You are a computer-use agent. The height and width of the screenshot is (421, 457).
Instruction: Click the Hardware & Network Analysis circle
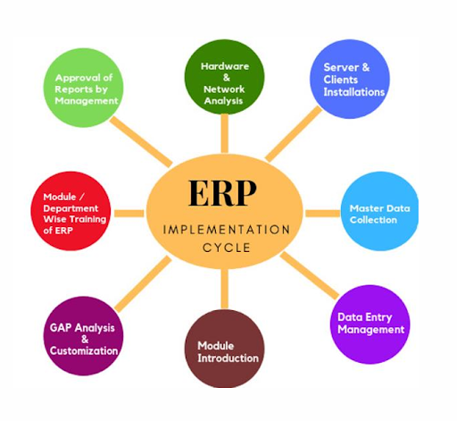(x=224, y=79)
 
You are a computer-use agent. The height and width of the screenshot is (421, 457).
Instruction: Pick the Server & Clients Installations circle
(x=353, y=80)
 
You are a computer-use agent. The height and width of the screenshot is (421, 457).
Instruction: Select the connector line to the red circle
(x=129, y=213)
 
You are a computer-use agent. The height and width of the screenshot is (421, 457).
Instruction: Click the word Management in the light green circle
(x=87, y=101)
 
